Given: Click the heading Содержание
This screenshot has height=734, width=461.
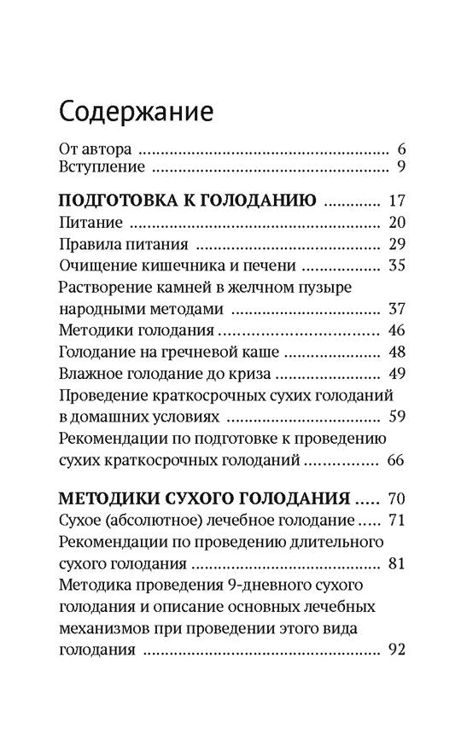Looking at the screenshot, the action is [136, 111].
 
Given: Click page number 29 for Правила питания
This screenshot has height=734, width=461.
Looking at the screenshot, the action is [394, 244].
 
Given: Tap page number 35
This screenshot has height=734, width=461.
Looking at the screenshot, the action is [394, 265].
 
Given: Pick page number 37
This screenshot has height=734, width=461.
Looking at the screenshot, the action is [394, 308].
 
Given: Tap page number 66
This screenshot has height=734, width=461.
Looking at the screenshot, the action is [394, 461].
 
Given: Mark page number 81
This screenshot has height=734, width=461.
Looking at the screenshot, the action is [394, 562].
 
